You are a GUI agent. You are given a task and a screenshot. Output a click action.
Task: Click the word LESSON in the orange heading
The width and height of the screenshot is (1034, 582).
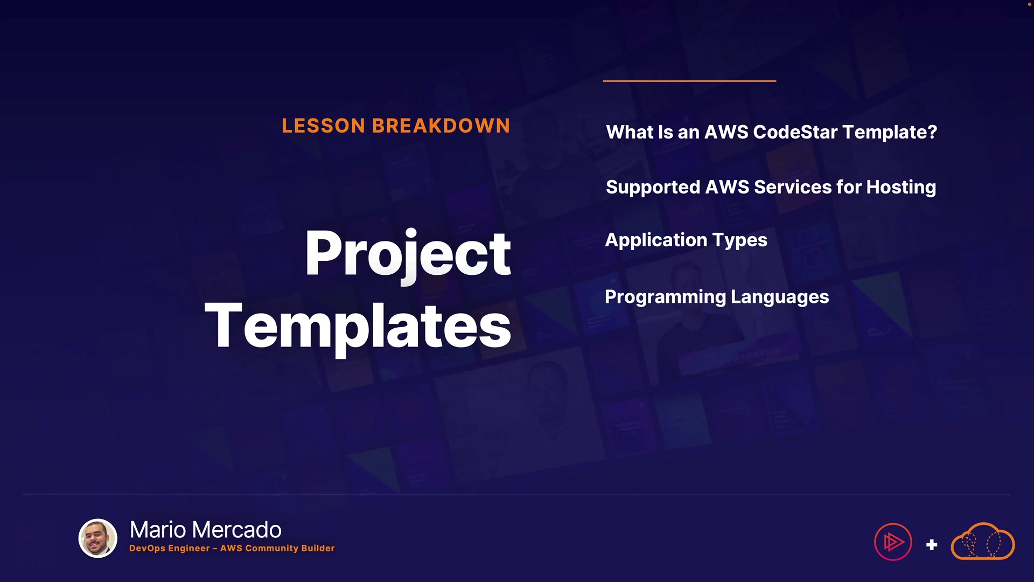click(324, 126)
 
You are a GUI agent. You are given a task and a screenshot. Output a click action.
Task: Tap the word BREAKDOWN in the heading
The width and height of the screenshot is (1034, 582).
click(441, 126)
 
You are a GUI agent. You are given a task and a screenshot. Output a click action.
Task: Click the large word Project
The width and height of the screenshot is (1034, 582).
click(408, 254)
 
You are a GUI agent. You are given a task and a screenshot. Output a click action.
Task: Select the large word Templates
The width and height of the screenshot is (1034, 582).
click(358, 326)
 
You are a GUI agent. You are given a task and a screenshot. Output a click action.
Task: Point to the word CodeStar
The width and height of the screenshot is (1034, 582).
click(795, 132)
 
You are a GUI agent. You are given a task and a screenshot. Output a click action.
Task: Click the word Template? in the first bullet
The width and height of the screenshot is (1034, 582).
click(890, 133)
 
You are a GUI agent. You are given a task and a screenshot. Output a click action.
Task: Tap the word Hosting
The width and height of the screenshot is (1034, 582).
click(902, 188)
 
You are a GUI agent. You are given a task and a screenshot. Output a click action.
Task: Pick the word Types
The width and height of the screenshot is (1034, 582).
click(740, 240)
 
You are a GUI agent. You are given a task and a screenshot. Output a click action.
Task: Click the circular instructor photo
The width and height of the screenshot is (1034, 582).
click(98, 538)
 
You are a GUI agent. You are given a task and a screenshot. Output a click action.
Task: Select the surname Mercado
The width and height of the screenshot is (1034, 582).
click(236, 530)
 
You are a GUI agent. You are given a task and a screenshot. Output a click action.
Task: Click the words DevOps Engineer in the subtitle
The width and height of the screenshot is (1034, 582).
click(170, 548)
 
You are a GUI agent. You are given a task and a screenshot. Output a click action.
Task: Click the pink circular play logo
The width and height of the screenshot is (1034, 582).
click(893, 542)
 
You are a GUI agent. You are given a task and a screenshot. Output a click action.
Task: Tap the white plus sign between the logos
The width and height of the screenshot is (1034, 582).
click(932, 545)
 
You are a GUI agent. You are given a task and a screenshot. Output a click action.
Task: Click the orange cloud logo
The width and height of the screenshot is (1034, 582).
click(983, 541)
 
